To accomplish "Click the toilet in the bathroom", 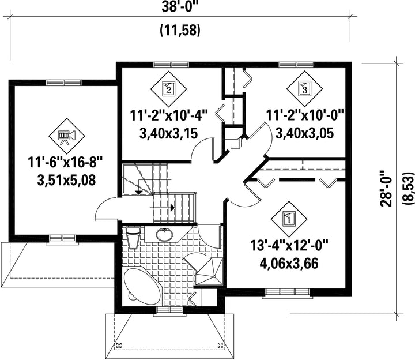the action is coord(133,237).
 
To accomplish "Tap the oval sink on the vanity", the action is coord(165,234).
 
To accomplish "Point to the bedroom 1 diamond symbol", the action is coord(289,219).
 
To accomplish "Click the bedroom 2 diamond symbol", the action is coord(168,89).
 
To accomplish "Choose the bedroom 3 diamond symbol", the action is coord(305,89).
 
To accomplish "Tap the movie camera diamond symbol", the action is coord(67,136).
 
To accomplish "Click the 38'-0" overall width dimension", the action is coord(180,7).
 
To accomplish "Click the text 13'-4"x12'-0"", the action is coord(289,246).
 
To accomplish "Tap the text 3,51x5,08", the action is coord(66,181).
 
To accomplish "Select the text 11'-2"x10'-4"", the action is coord(169,115).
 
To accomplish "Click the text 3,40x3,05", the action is coord(305,133).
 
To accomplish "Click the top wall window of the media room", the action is coord(64,82).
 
